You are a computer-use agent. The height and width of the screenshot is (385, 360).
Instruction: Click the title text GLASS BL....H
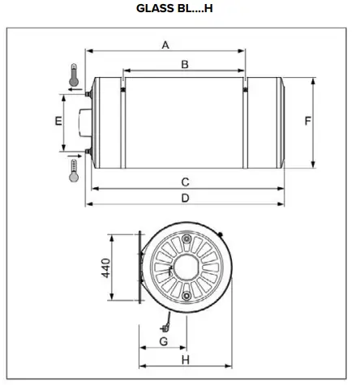pyautogui.click(x=180, y=9)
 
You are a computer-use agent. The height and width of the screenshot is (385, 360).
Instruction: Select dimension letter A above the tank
pyautogui.click(x=165, y=45)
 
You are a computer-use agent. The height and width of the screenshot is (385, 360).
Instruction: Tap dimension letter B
pyautogui.click(x=184, y=63)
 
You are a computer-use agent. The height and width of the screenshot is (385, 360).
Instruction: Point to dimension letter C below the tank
pyautogui.click(x=185, y=182)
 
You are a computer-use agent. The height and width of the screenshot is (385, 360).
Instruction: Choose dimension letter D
pyautogui.click(x=185, y=198)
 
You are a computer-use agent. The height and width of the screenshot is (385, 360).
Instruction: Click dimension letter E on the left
pyautogui.click(x=58, y=122)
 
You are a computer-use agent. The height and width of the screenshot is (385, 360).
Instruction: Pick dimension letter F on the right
pyautogui.click(x=308, y=122)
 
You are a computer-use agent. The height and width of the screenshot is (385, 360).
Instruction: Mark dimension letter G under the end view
pyautogui.click(x=163, y=342)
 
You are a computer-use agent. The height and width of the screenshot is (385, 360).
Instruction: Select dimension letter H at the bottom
pyautogui.click(x=185, y=360)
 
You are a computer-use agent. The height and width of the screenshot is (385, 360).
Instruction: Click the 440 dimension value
pyautogui.click(x=105, y=268)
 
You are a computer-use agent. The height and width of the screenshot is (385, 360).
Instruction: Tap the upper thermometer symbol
pyautogui.click(x=74, y=75)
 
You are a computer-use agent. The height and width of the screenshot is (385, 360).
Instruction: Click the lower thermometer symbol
pyautogui.click(x=74, y=171)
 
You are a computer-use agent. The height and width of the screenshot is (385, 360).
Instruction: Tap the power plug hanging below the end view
pyautogui.click(x=165, y=327)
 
